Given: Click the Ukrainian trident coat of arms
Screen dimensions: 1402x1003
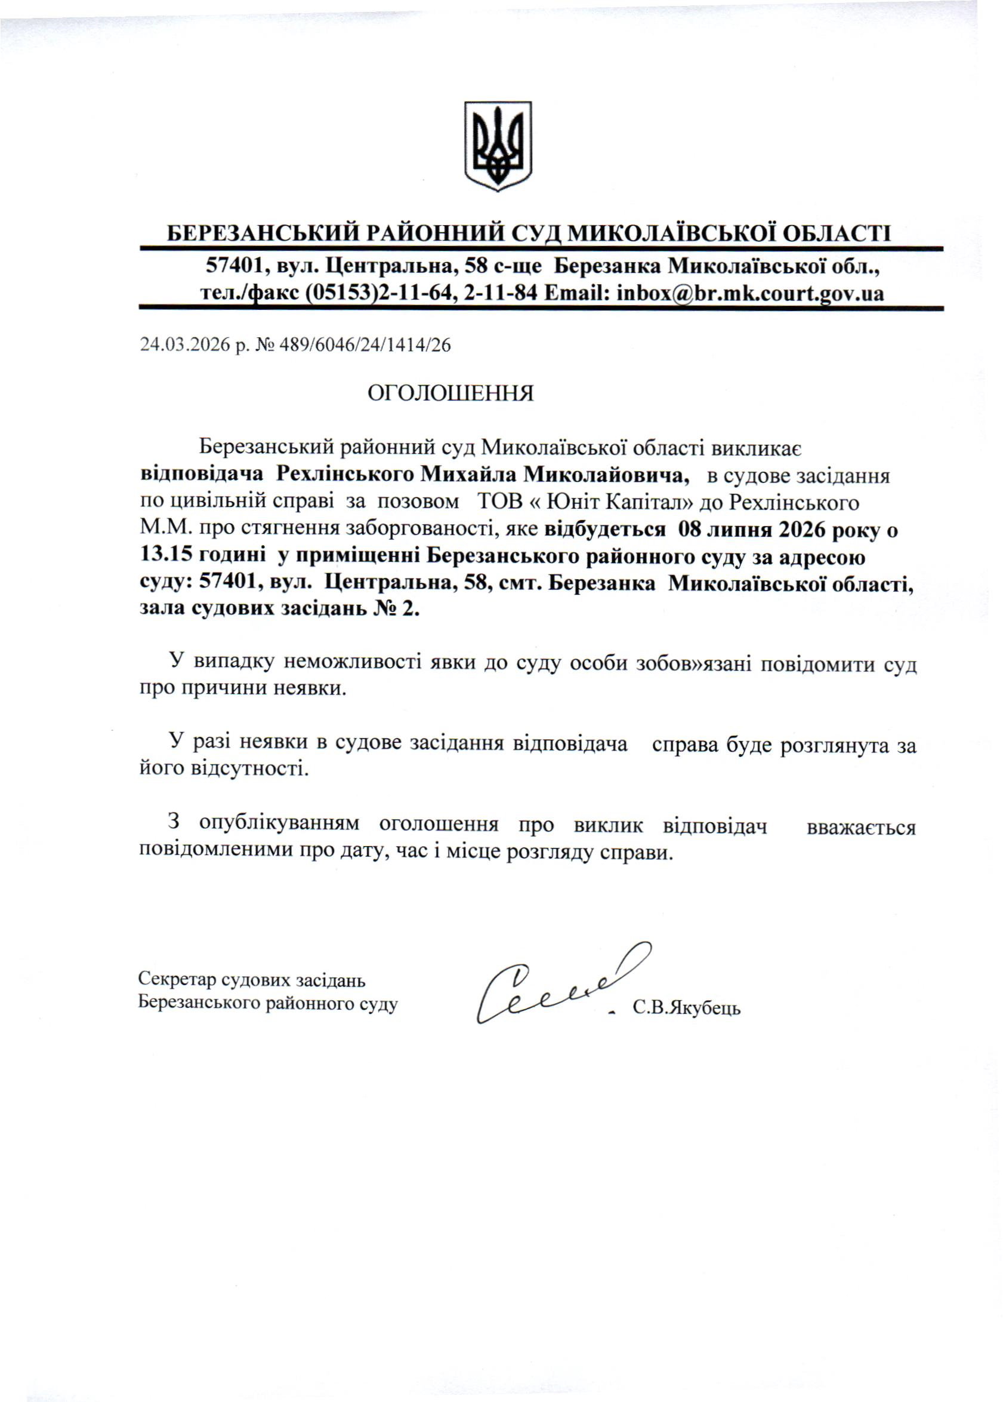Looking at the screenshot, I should (x=498, y=146).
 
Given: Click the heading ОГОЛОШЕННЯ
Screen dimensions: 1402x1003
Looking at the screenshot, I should (x=450, y=393).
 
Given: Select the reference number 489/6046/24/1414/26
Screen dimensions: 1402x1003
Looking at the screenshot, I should (x=365, y=345).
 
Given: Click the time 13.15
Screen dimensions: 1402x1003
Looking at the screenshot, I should (x=166, y=556).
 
